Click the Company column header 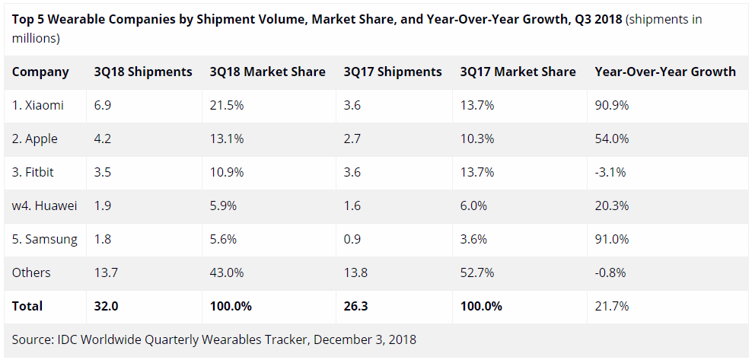(x=40, y=72)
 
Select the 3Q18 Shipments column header (x=143, y=72)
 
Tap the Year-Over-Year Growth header (x=665, y=72)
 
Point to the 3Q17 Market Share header (x=518, y=72)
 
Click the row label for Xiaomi (x=38, y=106)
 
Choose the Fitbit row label (x=33, y=172)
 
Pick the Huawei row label (x=45, y=205)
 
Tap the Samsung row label (x=45, y=239)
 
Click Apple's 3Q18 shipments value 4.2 (x=103, y=139)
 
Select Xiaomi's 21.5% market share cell (x=226, y=106)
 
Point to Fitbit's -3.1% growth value (x=610, y=172)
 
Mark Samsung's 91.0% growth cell (x=611, y=239)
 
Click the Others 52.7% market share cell (x=477, y=272)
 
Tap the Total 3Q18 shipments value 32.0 (x=106, y=306)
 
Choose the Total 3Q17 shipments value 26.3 (x=356, y=306)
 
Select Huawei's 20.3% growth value (x=611, y=205)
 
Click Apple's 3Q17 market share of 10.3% (x=477, y=139)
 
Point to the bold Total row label (x=27, y=306)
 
